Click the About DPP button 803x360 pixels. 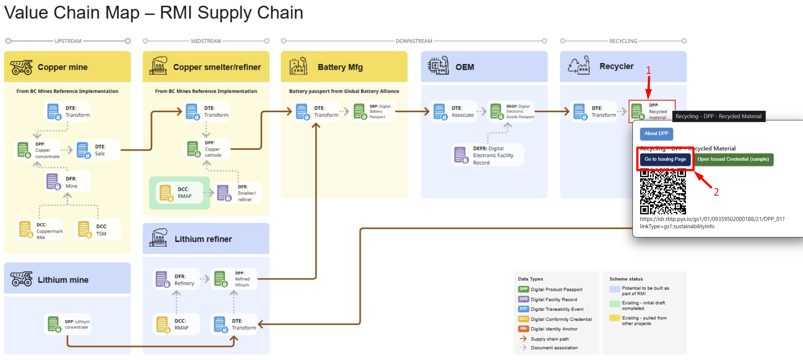[656, 134]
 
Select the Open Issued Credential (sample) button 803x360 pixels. [733, 159]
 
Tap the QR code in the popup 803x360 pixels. [663, 191]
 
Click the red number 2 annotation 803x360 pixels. [716, 192]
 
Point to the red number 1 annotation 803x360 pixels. [649, 70]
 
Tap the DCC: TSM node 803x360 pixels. [97, 230]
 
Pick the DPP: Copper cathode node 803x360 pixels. [207, 149]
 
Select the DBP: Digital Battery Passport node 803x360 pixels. [373, 112]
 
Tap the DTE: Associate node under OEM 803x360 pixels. [454, 112]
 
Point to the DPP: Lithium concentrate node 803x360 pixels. [68, 324]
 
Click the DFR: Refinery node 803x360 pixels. [176, 280]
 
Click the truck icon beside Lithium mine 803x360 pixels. [21, 279]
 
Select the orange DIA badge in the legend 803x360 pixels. [523, 329]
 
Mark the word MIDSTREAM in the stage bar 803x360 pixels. [206, 41]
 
